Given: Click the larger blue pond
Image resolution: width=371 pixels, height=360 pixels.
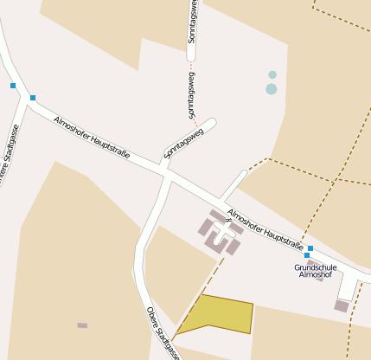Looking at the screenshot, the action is click(x=272, y=89).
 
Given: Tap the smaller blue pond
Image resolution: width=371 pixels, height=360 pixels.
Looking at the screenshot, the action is click(x=272, y=75).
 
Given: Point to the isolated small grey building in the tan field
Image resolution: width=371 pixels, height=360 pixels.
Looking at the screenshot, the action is click(x=82, y=325).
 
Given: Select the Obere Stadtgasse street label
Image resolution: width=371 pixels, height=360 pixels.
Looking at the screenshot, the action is click(x=163, y=332).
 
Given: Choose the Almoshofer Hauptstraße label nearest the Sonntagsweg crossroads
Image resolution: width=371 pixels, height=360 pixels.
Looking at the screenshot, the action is click(x=91, y=136).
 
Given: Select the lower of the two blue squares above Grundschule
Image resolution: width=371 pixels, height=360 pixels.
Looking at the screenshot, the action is click(x=307, y=255).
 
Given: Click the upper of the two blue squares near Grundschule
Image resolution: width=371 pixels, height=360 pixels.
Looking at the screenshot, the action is click(x=310, y=248).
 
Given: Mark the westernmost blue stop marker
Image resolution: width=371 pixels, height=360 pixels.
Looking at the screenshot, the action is click(x=13, y=86).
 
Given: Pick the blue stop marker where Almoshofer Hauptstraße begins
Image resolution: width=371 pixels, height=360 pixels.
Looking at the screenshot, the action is click(x=33, y=98).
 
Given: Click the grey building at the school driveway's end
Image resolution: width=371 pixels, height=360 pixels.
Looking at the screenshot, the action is click(x=342, y=305).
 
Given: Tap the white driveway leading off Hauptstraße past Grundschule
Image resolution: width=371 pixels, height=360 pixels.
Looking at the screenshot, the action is click(x=349, y=286).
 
